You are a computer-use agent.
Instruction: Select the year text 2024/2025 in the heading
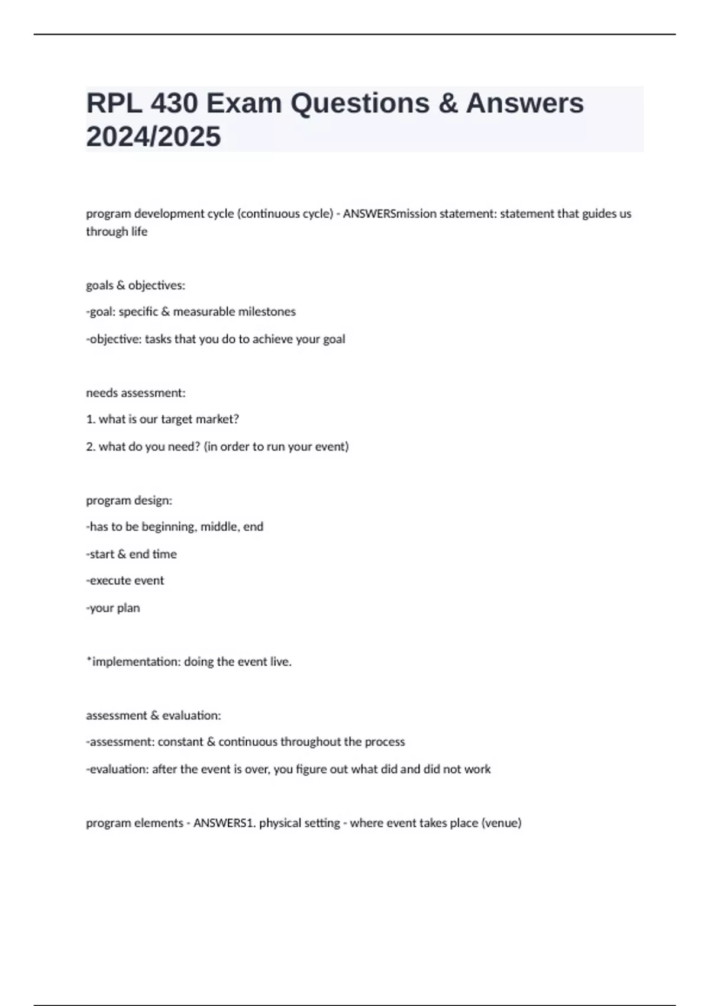click(153, 137)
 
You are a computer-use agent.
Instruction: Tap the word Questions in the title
click(360, 104)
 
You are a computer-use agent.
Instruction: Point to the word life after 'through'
click(139, 231)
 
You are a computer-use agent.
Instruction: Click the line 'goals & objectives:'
click(135, 285)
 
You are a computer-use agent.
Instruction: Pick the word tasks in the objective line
click(158, 339)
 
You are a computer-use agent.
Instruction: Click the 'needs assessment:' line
click(135, 393)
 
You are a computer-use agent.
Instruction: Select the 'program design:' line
click(129, 501)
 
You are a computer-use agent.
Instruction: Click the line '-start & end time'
click(131, 554)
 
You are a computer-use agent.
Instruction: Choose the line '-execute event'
click(125, 581)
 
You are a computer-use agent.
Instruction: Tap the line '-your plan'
click(113, 608)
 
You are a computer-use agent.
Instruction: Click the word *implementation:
click(133, 662)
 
